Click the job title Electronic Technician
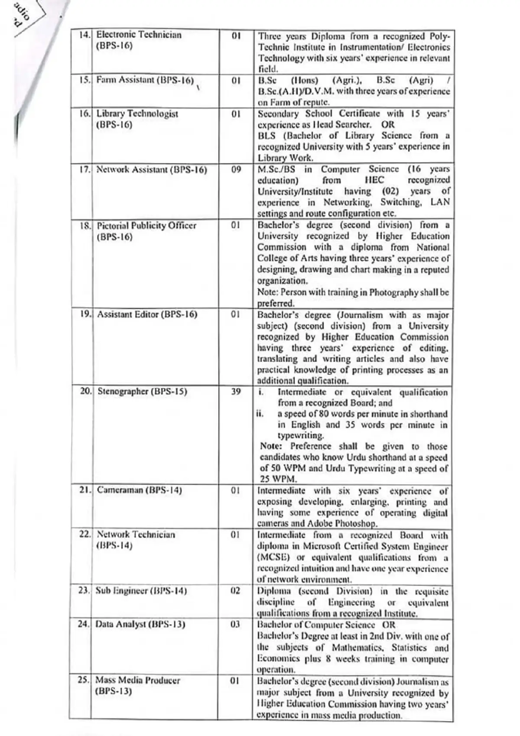click(139, 35)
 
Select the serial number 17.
click(84, 169)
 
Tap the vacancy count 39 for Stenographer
click(236, 392)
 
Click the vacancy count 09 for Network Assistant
click(236, 169)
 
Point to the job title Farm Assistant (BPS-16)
click(145, 80)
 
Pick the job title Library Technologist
click(137, 114)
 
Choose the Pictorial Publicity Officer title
click(146, 226)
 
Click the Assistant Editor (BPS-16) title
click(147, 315)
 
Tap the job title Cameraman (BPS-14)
click(139, 490)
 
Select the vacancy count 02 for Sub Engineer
click(235, 591)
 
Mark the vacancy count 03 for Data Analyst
click(235, 625)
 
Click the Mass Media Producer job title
click(137, 680)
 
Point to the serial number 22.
click(84, 535)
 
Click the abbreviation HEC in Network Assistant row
click(375, 180)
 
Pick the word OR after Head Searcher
click(388, 125)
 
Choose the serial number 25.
click(84, 680)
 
